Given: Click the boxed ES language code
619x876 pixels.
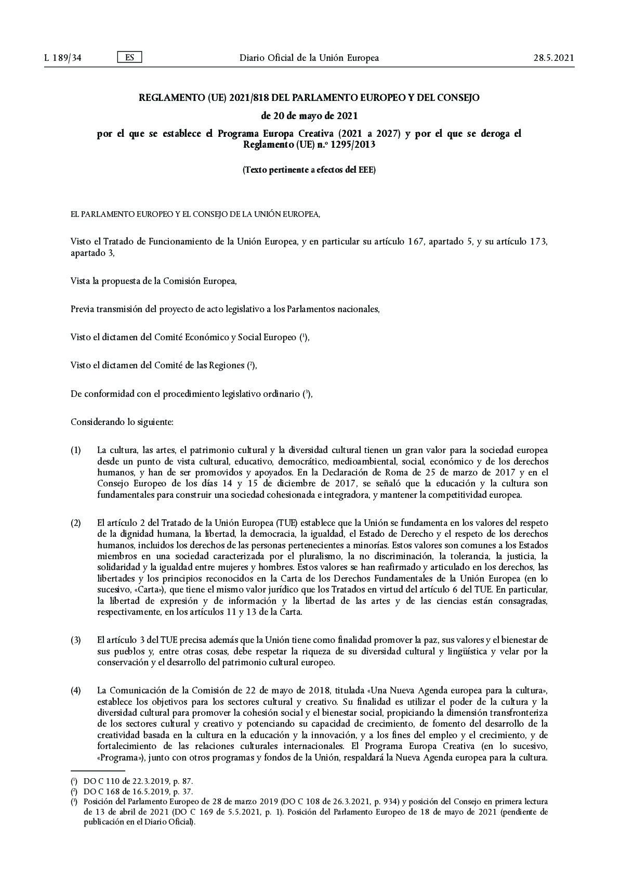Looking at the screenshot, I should pyautogui.click(x=129, y=57).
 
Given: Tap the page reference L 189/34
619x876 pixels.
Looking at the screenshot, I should pyautogui.click(x=63, y=58).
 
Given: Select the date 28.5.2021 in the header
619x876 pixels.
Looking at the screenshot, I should pyautogui.click(x=554, y=58).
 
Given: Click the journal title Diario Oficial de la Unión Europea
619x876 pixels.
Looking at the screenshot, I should pyautogui.click(x=309, y=58).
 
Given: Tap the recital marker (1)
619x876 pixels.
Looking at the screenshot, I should pyautogui.click(x=76, y=450).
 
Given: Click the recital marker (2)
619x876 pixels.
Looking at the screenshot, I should pyautogui.click(x=76, y=522).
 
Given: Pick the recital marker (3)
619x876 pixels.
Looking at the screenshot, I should pyautogui.click(x=76, y=640).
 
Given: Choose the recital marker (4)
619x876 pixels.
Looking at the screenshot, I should pyautogui.click(x=76, y=690).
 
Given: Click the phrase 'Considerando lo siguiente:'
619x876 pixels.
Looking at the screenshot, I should pyautogui.click(x=122, y=422).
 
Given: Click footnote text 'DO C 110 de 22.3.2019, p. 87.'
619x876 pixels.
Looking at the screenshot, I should pyautogui.click(x=138, y=781).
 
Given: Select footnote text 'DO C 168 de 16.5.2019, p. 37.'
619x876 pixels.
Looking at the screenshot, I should pyautogui.click(x=138, y=791).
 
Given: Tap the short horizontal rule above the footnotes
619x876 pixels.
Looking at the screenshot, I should pyautogui.click(x=98, y=770).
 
